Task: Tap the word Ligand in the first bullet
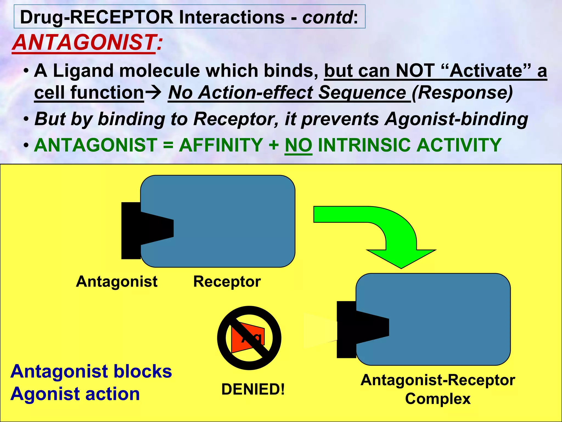(x=83, y=71)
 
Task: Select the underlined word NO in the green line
(x=298, y=145)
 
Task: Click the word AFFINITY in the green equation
(x=221, y=145)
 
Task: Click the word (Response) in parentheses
(x=462, y=92)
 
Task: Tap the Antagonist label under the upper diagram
(x=117, y=281)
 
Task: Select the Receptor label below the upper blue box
(x=227, y=281)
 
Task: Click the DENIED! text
(x=253, y=389)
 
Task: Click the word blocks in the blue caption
(x=143, y=371)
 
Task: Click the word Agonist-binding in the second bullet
(x=456, y=119)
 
